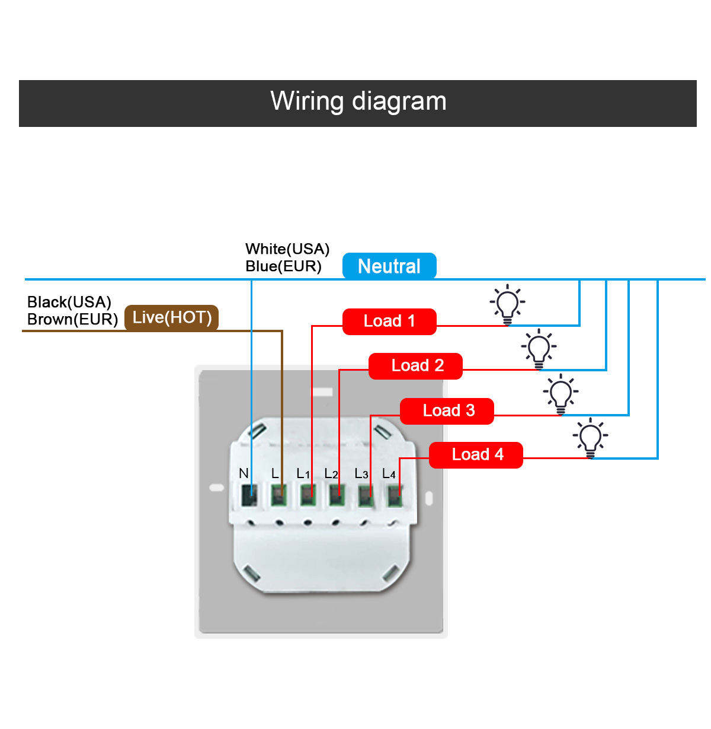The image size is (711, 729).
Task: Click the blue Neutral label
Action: click(389, 266)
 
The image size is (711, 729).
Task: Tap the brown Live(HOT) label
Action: click(171, 318)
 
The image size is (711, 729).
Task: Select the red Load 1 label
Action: click(389, 321)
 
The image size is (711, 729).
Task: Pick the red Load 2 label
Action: click(415, 365)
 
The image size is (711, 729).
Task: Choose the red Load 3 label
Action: click(447, 410)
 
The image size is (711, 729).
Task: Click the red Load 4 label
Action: click(476, 454)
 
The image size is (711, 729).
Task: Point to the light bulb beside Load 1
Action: click(507, 304)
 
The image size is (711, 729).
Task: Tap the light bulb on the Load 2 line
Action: click(539, 349)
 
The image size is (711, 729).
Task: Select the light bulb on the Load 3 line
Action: click(561, 394)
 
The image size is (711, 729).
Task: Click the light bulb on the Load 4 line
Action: click(590, 438)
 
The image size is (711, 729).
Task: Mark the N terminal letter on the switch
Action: click(244, 473)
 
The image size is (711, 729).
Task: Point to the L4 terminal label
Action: click(389, 473)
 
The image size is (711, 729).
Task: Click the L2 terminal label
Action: click(331, 473)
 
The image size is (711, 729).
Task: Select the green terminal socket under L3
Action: click(365, 495)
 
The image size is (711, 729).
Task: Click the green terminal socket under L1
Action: click(308, 495)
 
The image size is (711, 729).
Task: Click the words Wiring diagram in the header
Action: click(358, 101)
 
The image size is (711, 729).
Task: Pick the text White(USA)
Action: click(287, 249)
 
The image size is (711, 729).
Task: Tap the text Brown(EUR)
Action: click(72, 319)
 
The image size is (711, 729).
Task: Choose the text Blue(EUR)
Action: click(283, 266)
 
